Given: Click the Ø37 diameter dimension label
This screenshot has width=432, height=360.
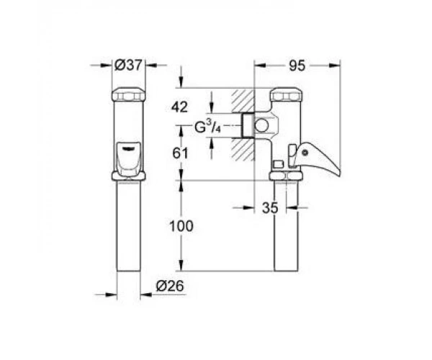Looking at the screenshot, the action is (x=128, y=66).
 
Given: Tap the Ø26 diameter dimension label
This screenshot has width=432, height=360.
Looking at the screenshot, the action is (x=170, y=286).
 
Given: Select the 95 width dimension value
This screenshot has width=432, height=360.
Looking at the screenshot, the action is (x=297, y=66).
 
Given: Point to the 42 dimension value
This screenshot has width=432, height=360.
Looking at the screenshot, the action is (x=179, y=107).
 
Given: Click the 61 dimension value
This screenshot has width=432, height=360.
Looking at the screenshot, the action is (x=180, y=153).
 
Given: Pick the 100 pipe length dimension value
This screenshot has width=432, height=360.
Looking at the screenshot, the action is (x=181, y=226).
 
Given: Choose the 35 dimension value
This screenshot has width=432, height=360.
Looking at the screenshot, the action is (x=270, y=207).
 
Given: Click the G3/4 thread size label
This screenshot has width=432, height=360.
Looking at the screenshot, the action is (x=208, y=127).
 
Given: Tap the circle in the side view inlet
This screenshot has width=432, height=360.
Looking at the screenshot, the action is (x=261, y=126).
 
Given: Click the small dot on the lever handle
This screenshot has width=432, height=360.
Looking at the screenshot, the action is (x=305, y=152).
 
